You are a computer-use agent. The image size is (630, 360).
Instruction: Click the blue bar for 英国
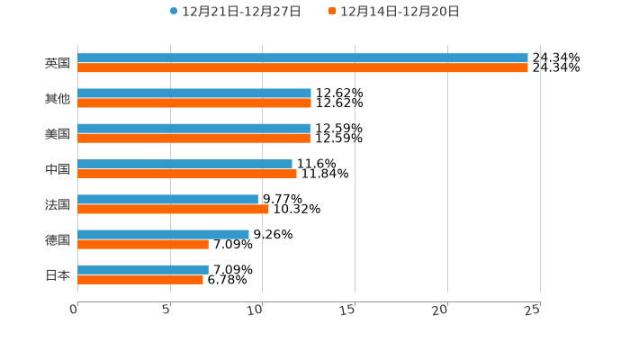point(302,58)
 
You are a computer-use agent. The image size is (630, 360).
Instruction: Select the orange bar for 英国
point(302,67)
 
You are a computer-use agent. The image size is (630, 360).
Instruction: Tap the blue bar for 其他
point(194,93)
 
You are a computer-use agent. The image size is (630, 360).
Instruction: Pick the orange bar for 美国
point(193,139)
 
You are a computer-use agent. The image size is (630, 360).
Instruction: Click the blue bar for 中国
point(184,164)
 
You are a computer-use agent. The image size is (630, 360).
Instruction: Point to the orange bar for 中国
point(187,174)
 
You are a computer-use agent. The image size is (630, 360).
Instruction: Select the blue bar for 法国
point(167,199)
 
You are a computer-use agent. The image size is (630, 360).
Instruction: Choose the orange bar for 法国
point(173,209)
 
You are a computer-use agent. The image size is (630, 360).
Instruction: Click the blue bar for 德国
point(163,234)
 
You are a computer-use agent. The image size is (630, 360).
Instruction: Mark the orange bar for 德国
point(143,244)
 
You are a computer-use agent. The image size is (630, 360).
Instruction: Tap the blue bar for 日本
point(143,269)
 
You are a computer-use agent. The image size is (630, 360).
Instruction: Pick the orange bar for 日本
point(140,279)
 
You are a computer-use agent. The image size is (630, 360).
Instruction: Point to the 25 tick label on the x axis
point(533,310)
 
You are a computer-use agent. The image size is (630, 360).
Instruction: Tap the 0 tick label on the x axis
point(74,310)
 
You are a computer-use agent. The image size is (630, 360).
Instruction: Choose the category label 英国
point(58,63)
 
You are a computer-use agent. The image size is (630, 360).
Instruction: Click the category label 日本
point(58,274)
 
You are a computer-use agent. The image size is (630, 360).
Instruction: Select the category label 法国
point(58,204)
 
